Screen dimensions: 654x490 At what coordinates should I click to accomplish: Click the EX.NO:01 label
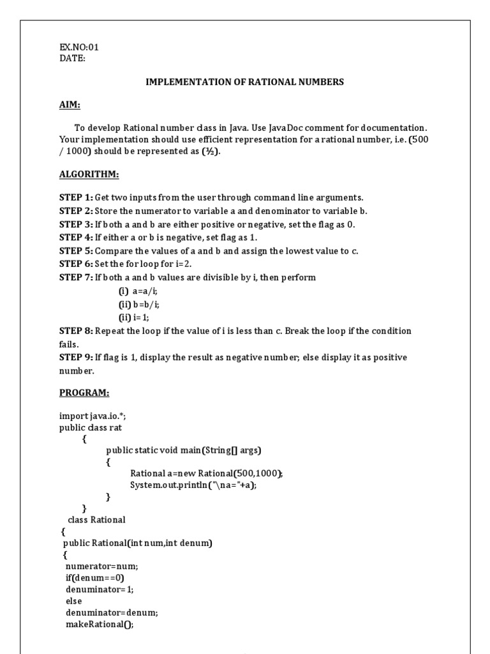tap(79, 47)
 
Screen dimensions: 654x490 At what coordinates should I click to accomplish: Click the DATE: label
tap(72, 58)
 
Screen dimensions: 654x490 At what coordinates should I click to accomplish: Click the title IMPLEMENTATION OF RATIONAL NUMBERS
tap(245, 82)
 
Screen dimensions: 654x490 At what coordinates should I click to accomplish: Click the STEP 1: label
tap(76, 197)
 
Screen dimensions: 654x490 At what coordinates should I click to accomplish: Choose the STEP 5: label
tap(76, 250)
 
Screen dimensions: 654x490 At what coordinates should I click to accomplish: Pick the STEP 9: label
tap(76, 357)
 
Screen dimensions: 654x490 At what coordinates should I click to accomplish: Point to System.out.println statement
tap(197, 485)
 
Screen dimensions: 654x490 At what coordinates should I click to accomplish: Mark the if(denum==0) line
tap(94, 577)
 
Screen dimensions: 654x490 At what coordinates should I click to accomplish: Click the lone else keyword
tap(74, 601)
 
